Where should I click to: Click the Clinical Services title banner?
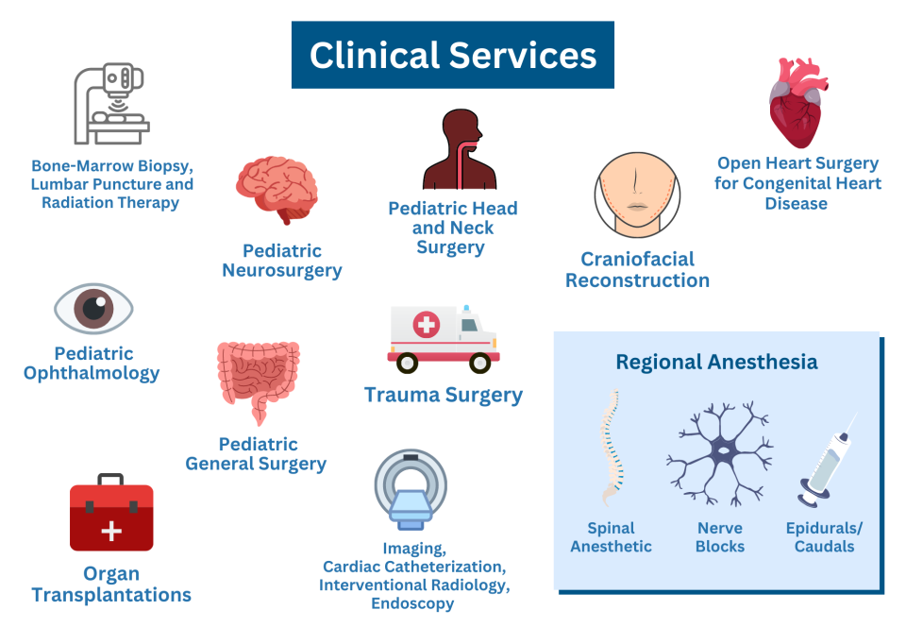coord(453,55)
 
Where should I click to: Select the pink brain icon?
coord(277,190)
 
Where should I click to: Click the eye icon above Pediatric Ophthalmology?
coord(93,309)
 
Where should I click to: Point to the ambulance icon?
coord(442,339)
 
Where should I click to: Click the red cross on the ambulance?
coord(427,326)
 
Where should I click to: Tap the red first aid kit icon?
coord(111,517)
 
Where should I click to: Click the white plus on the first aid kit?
coord(111,531)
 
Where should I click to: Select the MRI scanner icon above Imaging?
coord(411,489)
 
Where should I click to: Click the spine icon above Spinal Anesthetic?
coord(611,449)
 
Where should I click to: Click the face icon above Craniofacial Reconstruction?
coord(638,194)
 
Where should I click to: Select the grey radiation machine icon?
coord(111,103)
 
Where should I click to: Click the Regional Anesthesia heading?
coord(716,362)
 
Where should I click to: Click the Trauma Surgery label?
coord(444,395)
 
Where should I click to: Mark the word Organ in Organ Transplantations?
coord(111,573)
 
